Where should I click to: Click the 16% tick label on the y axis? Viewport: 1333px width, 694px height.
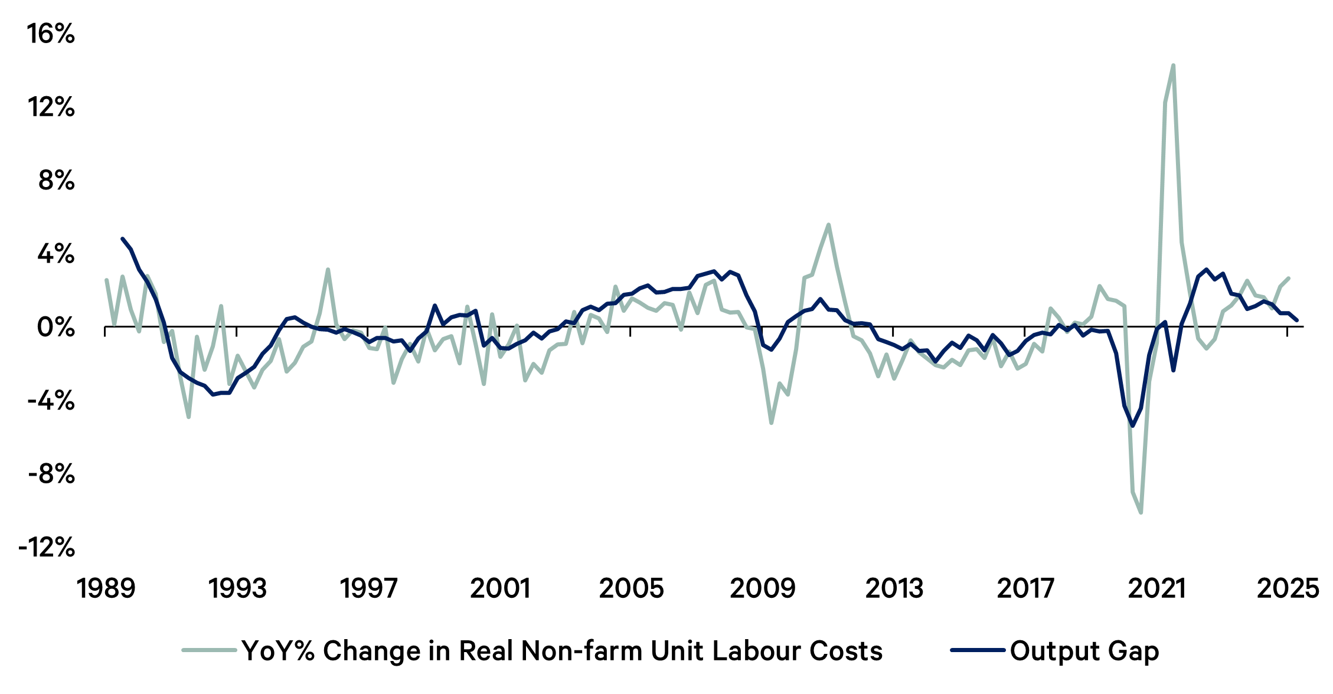click(51, 34)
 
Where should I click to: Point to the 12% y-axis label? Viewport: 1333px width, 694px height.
click(51, 108)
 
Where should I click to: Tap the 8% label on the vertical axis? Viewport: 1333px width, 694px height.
click(57, 181)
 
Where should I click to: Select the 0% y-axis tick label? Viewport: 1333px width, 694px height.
click(57, 328)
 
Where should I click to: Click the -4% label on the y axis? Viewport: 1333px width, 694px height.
click(51, 401)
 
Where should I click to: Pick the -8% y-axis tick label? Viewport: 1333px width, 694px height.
click(51, 474)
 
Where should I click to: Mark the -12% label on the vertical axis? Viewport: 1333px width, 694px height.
click(47, 548)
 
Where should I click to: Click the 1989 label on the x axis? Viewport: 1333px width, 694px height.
click(106, 589)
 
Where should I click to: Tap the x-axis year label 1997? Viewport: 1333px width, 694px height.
click(369, 589)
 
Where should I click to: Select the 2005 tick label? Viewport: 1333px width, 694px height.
click(631, 589)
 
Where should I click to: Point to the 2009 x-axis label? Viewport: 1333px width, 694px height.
click(763, 589)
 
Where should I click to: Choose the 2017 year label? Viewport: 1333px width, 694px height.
click(1025, 589)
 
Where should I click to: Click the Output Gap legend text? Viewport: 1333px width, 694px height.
click(1084, 652)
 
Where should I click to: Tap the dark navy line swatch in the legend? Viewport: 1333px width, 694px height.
click(978, 650)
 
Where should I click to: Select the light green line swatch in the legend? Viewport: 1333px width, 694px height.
click(209, 650)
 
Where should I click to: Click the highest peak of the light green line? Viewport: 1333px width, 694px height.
click(1173, 66)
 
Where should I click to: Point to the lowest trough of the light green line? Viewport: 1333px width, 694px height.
click(1141, 512)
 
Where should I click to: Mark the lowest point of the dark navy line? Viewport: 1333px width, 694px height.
click(1132, 425)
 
